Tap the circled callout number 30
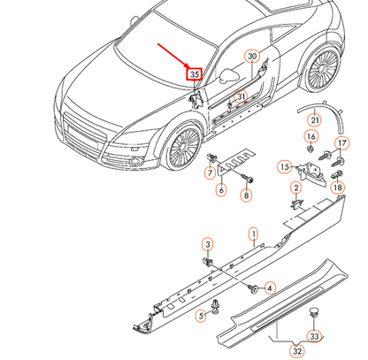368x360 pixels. click(252, 57)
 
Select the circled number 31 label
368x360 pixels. click(239, 96)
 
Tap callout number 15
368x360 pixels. click(285, 166)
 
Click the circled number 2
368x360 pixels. click(295, 188)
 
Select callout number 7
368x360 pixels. click(211, 173)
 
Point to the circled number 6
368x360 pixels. click(221, 189)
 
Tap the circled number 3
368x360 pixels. click(207, 243)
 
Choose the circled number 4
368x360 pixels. click(270, 287)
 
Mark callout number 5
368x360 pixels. click(201, 314)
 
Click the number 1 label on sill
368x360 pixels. click(252, 234)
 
